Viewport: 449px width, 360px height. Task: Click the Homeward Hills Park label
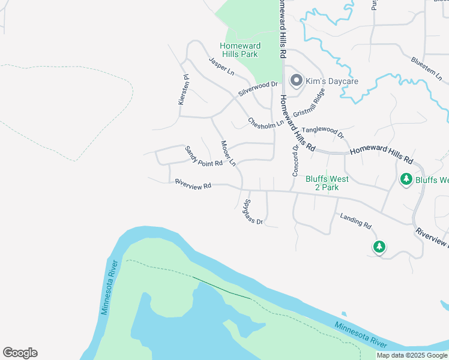tap(239, 50)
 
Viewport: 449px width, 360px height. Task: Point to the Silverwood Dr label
tap(258, 89)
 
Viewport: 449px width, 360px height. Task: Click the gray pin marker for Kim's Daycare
tap(296, 80)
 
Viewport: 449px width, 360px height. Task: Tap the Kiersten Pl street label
tap(183, 90)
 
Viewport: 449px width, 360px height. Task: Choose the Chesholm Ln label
tap(265, 123)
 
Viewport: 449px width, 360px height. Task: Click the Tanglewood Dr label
tap(322, 132)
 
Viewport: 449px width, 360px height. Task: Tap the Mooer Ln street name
tap(228, 153)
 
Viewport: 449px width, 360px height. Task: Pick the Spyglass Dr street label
tap(254, 211)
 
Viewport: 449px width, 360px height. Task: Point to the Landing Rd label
tap(356, 220)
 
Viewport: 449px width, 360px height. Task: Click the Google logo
tap(20, 353)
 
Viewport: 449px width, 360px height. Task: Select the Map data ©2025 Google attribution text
tap(412, 355)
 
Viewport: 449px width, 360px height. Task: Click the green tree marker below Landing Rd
tap(379, 246)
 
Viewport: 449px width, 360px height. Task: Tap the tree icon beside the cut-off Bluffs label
tap(406, 179)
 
